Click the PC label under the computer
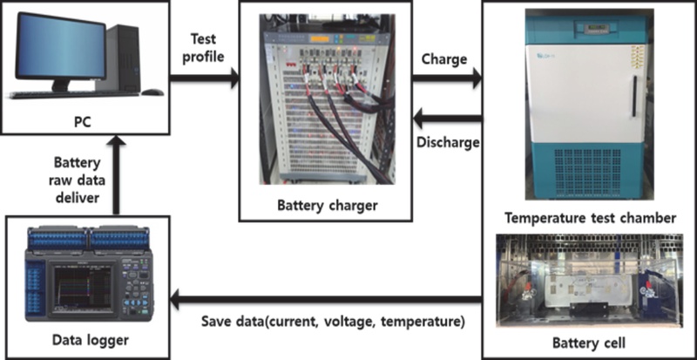tap(83, 121)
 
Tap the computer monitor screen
tap(60, 45)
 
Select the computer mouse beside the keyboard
tap(152, 92)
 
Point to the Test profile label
tap(203, 48)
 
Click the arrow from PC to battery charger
tap(205, 78)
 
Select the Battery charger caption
tap(328, 206)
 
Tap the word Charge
tap(444, 58)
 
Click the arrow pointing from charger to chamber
tap(447, 78)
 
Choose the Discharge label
tap(448, 142)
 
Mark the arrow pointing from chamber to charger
tap(447, 119)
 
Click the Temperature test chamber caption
tap(591, 218)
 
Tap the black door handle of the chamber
tap(634, 97)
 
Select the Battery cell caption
tap(589, 343)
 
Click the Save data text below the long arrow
tap(333, 322)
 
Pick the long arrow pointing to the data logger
tap(326, 300)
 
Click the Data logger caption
tap(91, 341)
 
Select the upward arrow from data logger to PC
tap(116, 175)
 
